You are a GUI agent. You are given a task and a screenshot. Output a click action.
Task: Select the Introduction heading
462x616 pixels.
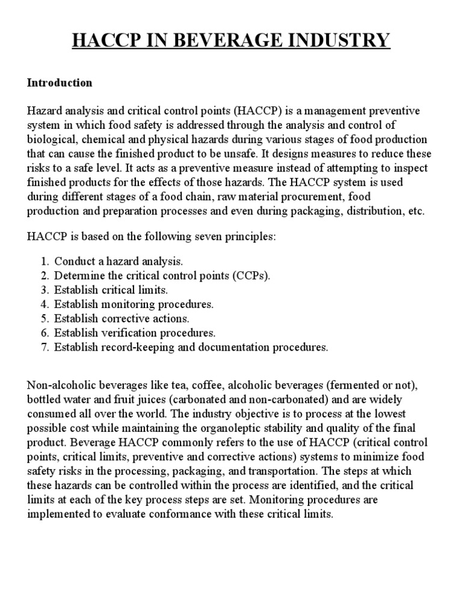60,82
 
